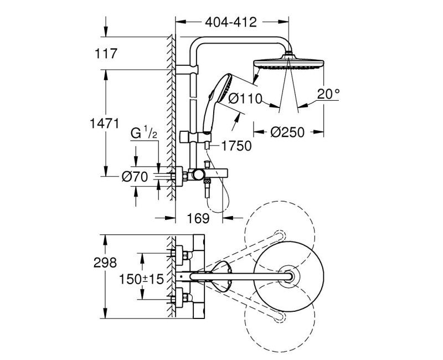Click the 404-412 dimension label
[x=231, y=23]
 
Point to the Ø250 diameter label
[x=287, y=132]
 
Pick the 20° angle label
[x=329, y=94]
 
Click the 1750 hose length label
[x=236, y=146]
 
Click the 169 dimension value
[x=198, y=218]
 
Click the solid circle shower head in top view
[x=287, y=275]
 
